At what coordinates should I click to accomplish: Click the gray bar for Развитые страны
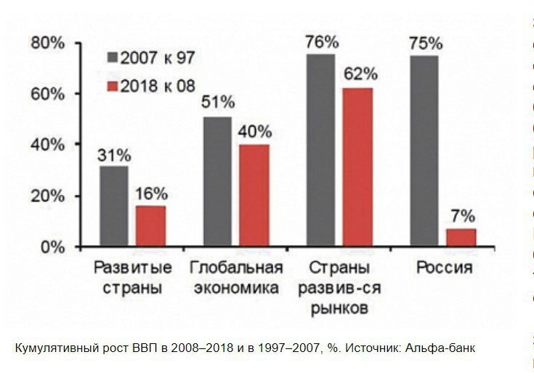pos(113,207)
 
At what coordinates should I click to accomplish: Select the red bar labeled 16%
pos(151,226)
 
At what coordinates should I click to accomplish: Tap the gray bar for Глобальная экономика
pos(217,182)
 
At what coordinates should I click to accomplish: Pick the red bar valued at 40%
pos(254,196)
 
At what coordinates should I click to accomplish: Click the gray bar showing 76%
pos(320,151)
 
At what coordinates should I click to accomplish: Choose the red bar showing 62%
pos(357,167)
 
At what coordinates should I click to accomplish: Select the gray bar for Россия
pos(424,151)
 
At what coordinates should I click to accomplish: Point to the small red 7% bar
pos(461,238)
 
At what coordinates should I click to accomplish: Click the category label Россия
pos(444,268)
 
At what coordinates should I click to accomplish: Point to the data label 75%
pos(424,41)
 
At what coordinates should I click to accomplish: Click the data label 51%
pos(217,103)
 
